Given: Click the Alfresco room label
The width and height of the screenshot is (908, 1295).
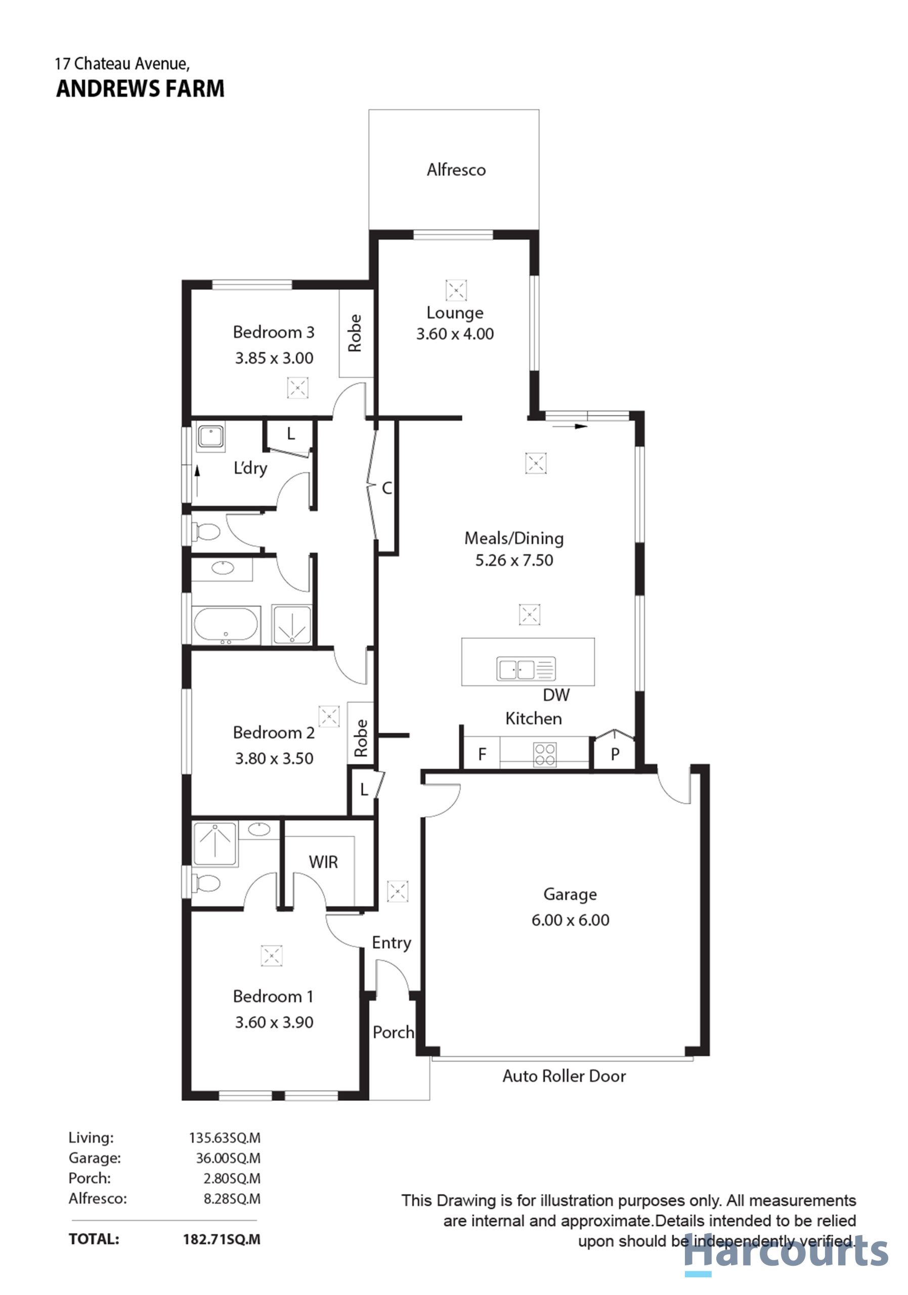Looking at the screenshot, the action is coord(456,170).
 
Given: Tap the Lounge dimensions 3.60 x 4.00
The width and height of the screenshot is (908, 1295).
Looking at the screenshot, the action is coord(455,334).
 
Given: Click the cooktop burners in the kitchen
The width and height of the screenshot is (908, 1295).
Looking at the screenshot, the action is coord(545,754).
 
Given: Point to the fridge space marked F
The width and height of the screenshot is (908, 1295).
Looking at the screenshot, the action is coord(482,754).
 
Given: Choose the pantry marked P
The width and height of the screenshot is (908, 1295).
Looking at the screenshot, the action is coord(615,754).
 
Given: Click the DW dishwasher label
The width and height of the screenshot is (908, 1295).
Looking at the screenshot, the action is coord(556,695).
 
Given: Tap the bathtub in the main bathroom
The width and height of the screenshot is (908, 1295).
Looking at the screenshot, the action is coord(226,625).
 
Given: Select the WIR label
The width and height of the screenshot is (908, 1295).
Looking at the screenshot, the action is coord(323,862).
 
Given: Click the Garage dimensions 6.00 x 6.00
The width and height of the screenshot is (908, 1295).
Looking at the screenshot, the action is coord(570,920).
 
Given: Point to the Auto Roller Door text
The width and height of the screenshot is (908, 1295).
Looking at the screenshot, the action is coord(564,1076).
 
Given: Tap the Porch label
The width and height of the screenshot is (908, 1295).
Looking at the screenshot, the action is coord(393,1032).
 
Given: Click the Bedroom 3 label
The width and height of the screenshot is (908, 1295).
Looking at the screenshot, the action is coord(274,332).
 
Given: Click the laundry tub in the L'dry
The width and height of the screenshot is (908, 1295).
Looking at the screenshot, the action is coord(210,437).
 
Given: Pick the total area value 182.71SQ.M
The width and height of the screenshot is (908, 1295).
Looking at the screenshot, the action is coord(222,1239).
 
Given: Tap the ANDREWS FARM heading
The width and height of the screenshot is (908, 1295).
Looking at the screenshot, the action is coord(141,89).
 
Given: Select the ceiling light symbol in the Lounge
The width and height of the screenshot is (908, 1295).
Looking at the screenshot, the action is coord(456,290).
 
